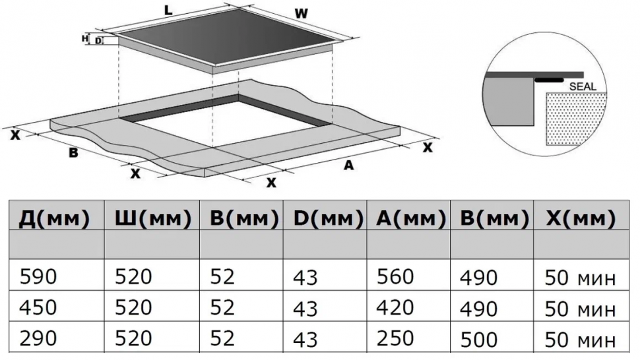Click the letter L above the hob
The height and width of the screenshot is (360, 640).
point(168,11)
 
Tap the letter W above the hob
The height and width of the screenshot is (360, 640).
point(301,13)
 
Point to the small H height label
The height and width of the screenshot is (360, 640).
point(85,39)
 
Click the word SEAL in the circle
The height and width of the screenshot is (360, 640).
point(583,86)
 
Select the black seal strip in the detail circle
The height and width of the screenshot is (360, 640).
point(549,80)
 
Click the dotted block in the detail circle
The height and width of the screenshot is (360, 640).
point(576,118)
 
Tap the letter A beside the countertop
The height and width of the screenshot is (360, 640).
point(348,165)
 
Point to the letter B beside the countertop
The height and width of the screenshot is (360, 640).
point(73,153)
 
